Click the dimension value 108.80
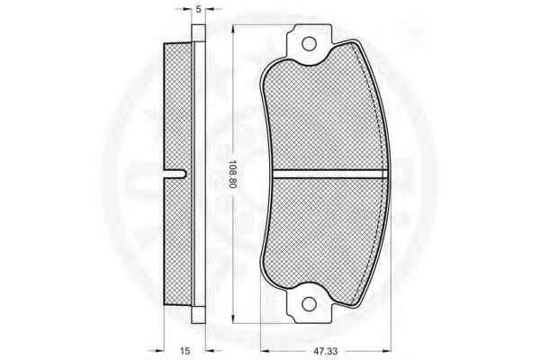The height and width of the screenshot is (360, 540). coord(233,175)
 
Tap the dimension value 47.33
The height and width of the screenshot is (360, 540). coord(325,351)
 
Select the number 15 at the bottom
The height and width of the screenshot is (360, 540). coord(184,351)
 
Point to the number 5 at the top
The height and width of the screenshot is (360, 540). coord(198,9)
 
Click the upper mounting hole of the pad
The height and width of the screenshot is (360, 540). coord(309,44)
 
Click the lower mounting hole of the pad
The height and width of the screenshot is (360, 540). coord(309,303)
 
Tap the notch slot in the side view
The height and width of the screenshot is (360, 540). coord(175,175)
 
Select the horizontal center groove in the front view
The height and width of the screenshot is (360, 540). coord(330,174)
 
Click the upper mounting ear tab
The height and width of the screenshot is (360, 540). coord(310,41)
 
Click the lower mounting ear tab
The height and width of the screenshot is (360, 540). coord(310,306)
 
